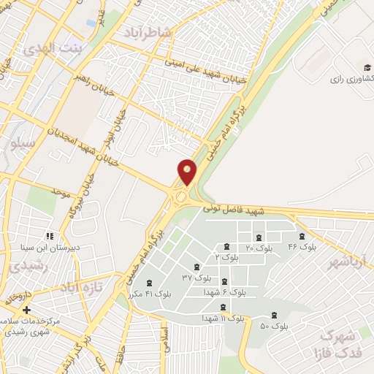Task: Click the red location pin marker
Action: pyautogui.click(x=188, y=172)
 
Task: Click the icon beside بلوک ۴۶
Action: pyautogui.click(x=302, y=236)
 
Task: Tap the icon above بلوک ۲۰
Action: pyautogui.click(x=257, y=237)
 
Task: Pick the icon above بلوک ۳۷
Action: pyautogui.click(x=195, y=267)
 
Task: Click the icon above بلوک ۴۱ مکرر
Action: pyautogui.click(x=150, y=282)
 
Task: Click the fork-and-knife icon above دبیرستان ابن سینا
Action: pyautogui.click(x=50, y=236)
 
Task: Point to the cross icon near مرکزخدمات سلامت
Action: pyautogui.click(x=27, y=310)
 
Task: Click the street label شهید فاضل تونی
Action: pyautogui.click(x=270, y=211)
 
